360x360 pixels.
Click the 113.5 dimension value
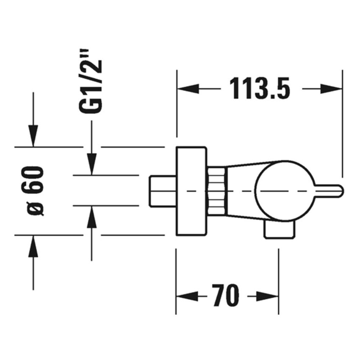pos(259,88)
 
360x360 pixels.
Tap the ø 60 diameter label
pos(36,191)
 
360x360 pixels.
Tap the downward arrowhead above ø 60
pos(33,136)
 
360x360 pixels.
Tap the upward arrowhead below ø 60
pos(33,246)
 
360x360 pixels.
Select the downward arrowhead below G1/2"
pos(91,163)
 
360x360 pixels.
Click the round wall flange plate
pos(191,191)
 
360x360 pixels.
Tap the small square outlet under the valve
pos(279,230)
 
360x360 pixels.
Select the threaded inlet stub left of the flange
pos(163,191)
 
